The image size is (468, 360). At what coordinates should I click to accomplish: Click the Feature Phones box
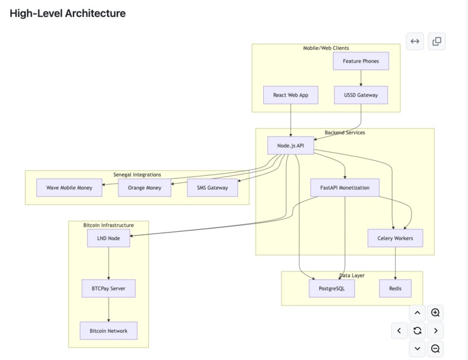(x=361, y=61)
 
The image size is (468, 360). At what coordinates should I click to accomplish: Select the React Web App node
(x=291, y=95)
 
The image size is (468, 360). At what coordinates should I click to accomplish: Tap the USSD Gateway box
(x=361, y=95)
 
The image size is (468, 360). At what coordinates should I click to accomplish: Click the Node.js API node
(x=291, y=146)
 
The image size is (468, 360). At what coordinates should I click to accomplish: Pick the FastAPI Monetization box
(x=345, y=188)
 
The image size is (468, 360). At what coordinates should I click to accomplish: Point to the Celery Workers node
(x=395, y=238)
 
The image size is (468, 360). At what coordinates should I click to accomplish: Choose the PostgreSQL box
(x=332, y=288)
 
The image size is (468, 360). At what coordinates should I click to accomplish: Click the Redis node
(x=395, y=288)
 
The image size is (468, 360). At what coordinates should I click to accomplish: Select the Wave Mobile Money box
(x=69, y=188)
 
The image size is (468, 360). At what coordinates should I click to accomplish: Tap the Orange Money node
(x=144, y=188)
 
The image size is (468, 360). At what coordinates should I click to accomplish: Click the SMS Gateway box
(x=212, y=188)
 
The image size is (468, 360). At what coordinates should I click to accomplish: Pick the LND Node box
(x=109, y=238)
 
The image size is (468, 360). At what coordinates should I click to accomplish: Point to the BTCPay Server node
(x=109, y=288)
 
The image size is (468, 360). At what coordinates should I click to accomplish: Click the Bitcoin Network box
(x=109, y=330)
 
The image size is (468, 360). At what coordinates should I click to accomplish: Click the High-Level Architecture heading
(x=68, y=13)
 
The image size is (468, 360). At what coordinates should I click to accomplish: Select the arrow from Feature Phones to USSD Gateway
(x=361, y=78)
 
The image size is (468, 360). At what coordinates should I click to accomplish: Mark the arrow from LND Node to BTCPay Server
(x=109, y=263)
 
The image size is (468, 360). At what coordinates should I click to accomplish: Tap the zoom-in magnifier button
(x=435, y=313)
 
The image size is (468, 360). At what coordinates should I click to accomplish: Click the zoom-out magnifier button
(x=435, y=349)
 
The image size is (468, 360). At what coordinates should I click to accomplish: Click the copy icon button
(x=437, y=41)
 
